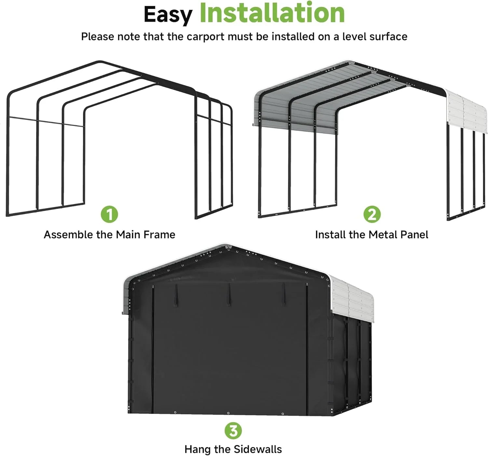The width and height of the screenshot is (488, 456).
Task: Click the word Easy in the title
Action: pyautogui.click(x=168, y=15)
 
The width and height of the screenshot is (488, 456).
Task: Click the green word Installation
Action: pyautogui.click(x=272, y=13)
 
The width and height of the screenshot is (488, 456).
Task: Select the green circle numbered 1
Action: pyautogui.click(x=109, y=214)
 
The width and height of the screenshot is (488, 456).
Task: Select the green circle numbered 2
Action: pyautogui.click(x=372, y=214)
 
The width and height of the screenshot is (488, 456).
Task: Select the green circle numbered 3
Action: pyautogui.click(x=233, y=431)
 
